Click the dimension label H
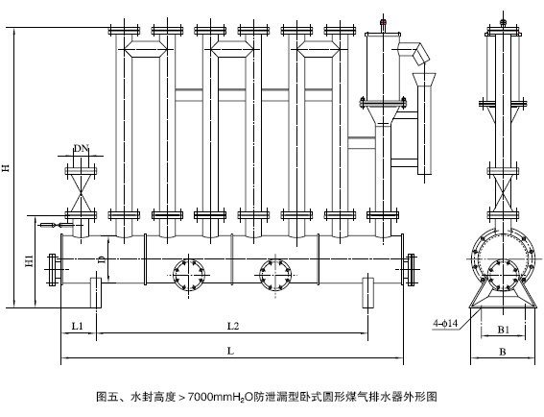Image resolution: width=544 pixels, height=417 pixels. point(7,167)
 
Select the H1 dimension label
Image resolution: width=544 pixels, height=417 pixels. point(30,261)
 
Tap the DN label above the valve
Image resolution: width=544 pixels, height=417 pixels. point(82,149)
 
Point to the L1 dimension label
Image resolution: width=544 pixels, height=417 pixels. point(78,326)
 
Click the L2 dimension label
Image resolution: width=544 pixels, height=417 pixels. point(233,326)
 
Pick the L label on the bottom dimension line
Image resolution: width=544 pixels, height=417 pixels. point(230,351)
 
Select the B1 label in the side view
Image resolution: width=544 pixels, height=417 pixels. point(504,330)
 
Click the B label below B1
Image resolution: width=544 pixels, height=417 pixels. point(503,352)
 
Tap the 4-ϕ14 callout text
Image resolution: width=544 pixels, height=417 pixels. point(445,323)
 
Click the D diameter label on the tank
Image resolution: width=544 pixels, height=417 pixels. point(102,259)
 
